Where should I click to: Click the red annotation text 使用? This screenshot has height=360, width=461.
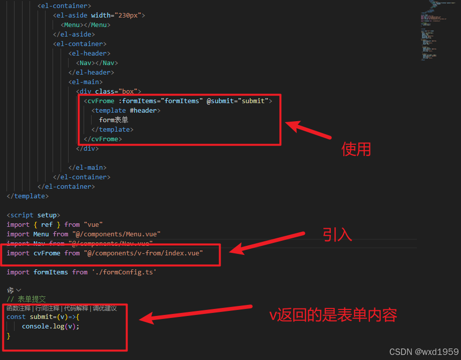pos(356,149)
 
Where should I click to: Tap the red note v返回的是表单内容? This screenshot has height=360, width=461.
pos(333,315)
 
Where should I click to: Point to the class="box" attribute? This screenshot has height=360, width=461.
pos(118,92)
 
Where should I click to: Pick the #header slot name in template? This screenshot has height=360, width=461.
pos(143,111)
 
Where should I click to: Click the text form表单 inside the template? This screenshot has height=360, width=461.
pos(114,120)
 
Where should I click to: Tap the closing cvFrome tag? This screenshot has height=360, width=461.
pos(103,139)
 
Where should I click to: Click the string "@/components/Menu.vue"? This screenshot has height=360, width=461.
pos(116,234)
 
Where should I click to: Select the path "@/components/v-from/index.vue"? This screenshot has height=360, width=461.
pos(143,253)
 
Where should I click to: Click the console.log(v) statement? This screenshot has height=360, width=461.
pos(51,326)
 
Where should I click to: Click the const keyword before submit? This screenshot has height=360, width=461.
pos(16,317)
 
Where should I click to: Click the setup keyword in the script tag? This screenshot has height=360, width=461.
pos(47,215)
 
